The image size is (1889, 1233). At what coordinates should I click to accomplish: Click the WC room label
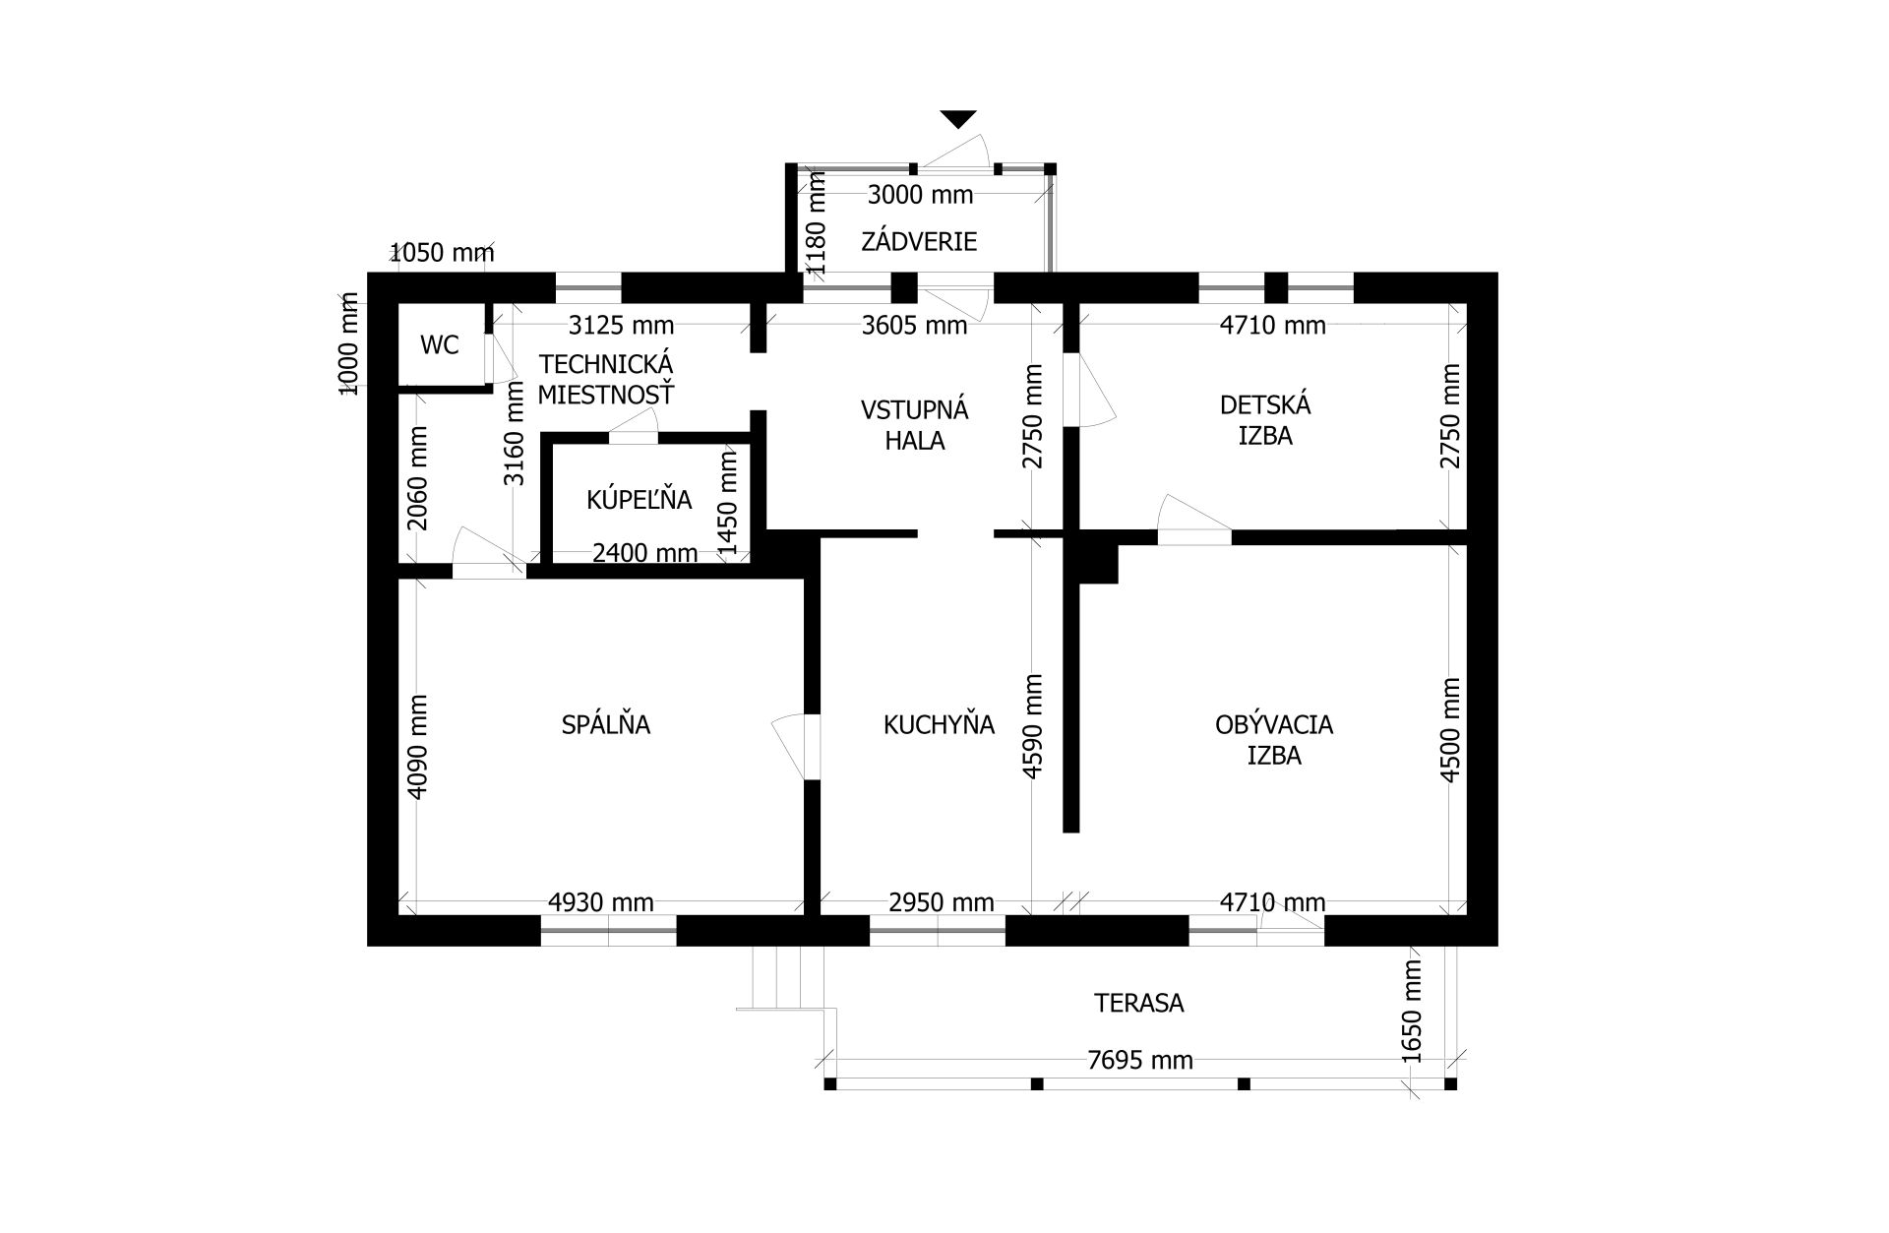point(439,345)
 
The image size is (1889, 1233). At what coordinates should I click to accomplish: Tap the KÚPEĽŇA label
point(640,500)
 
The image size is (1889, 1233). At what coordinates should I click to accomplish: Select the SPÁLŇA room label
point(606,725)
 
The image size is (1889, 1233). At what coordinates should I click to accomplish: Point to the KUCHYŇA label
point(939,725)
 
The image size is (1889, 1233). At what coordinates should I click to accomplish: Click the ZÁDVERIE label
point(919,241)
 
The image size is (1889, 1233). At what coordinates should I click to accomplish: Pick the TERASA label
point(1139,1003)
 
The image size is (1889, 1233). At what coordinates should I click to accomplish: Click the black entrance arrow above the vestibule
point(958,119)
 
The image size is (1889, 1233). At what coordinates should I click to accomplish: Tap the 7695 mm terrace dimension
point(1140,1060)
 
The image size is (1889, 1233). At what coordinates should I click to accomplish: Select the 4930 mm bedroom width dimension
point(601,902)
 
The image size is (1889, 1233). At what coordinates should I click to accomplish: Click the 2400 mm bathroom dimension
point(644,553)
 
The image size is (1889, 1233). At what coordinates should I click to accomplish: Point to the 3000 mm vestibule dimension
point(920,195)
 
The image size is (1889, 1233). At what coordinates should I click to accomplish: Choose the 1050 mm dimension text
point(442,253)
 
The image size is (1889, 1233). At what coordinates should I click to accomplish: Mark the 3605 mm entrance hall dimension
point(915,325)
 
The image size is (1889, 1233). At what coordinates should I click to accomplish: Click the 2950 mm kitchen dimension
point(942,902)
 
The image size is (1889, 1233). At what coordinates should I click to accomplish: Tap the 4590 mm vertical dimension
point(1033,726)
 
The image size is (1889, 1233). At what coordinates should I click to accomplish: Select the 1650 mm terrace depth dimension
point(1412,1011)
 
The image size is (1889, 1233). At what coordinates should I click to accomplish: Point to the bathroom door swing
point(633,422)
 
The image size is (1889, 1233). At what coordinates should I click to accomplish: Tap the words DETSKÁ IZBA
point(1265,420)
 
